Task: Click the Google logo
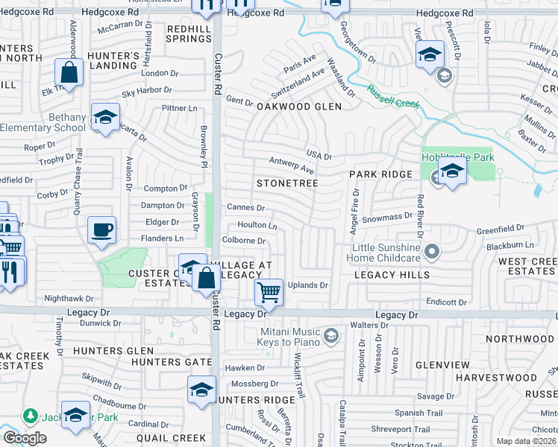click(x=25, y=438)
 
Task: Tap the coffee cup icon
click(x=101, y=230)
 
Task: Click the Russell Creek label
click(x=392, y=95)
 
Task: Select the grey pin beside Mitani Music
click(x=331, y=337)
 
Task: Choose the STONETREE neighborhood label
click(x=287, y=183)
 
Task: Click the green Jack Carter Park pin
click(x=31, y=415)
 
